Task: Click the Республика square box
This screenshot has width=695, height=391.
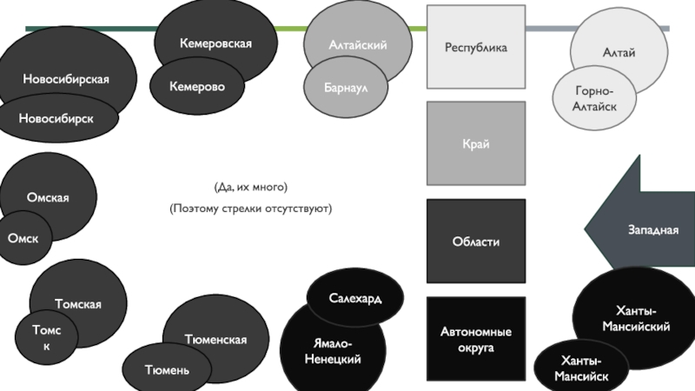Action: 475,48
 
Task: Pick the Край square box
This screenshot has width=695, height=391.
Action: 475,143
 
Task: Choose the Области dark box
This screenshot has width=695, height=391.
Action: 475,242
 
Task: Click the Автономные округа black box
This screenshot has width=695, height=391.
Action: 475,340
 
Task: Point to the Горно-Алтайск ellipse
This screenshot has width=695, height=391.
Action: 594,99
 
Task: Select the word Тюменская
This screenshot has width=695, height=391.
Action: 215,339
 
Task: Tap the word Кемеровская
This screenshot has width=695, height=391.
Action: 215,43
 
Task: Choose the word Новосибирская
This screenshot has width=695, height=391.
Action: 66,79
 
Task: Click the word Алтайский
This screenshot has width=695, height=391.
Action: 358,44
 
